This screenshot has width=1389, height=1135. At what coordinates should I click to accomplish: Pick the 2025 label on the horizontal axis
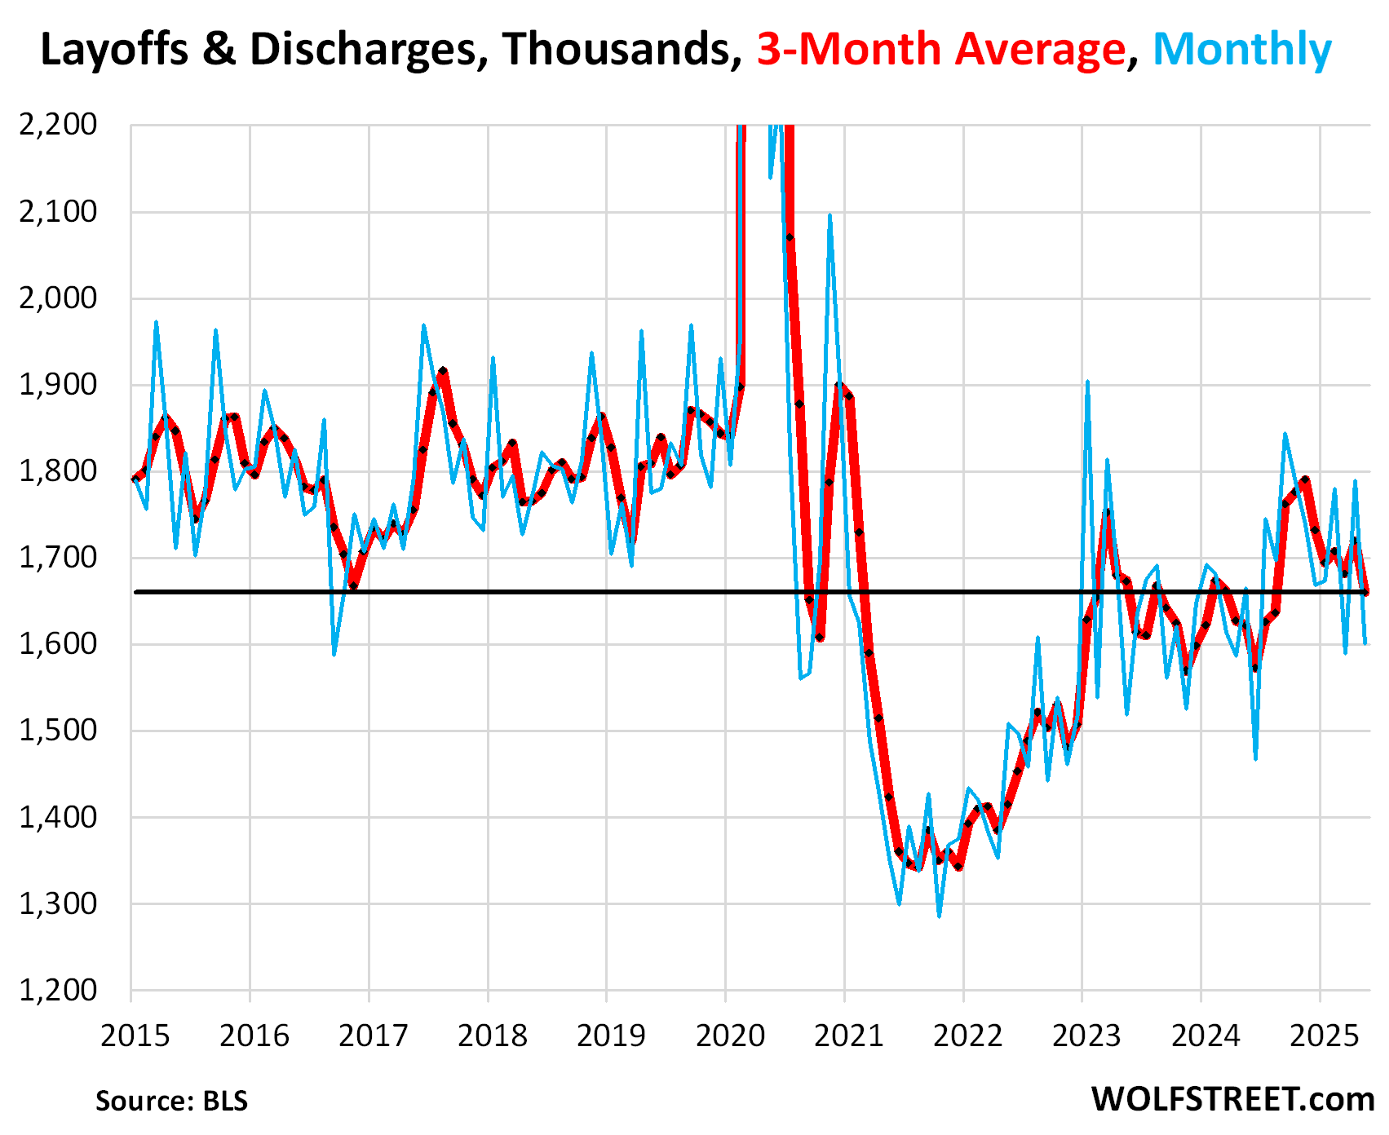pyautogui.click(x=1324, y=1036)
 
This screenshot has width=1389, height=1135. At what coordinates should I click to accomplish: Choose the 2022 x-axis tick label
pyautogui.click(x=967, y=1036)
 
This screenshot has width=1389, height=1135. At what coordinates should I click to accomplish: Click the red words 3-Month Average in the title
pyautogui.click(x=940, y=51)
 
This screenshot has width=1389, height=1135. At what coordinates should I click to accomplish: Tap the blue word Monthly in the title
pyautogui.click(x=1241, y=51)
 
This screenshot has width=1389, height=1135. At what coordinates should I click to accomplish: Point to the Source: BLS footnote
pyautogui.click(x=171, y=1101)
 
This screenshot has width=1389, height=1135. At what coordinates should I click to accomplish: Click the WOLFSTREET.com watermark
pyautogui.click(x=1232, y=1099)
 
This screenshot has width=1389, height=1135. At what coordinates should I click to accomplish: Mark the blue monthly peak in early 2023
pyautogui.click(x=1087, y=382)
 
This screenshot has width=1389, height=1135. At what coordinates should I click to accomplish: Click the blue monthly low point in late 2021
pyautogui.click(x=939, y=916)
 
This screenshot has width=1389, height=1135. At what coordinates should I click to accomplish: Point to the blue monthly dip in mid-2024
pyautogui.click(x=1255, y=759)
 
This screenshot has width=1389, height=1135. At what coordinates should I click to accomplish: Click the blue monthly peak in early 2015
pyautogui.click(x=156, y=322)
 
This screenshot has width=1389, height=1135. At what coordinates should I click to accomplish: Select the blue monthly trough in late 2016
pyautogui.click(x=334, y=654)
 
